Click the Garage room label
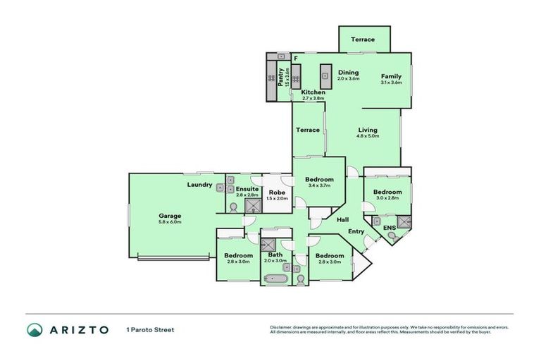pos(170,216)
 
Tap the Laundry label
pos(200,185)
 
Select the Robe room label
pos(278,192)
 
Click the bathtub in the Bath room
pos(276,279)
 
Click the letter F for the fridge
pos(296,58)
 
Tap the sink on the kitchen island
pos(326,73)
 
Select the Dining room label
pos(348,73)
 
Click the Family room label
pos(391,76)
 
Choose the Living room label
pos(367,130)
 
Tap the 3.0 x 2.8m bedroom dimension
pos(387,198)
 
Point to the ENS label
pos(389,227)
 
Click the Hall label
pos(342,220)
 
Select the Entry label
pos(356,231)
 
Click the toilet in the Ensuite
pos(232,207)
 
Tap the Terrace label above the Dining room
pos(363,39)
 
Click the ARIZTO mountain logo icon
pos(35,329)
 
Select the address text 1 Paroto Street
pos(150,329)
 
